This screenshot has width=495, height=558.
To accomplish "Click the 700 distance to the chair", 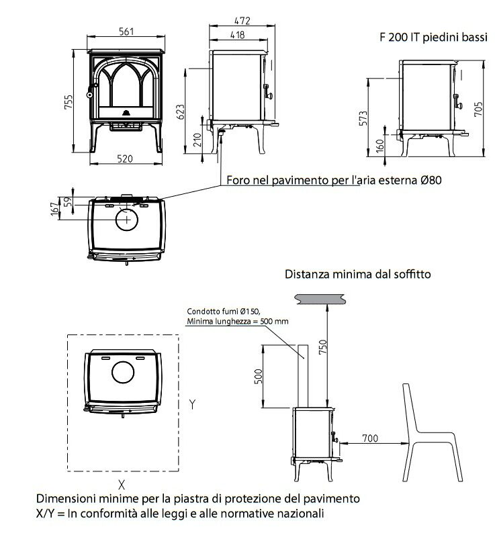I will click(369, 438).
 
